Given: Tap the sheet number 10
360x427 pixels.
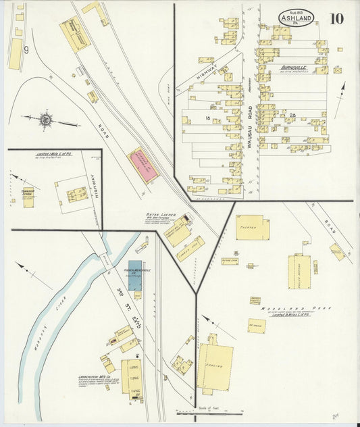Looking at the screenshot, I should (x=336, y=18).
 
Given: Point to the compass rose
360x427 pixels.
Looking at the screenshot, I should (x=45, y=120).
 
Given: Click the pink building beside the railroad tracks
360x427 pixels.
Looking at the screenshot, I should (x=143, y=165).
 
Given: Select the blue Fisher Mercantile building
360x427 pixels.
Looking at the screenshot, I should (x=135, y=275).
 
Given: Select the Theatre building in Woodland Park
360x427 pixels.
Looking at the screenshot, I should (x=253, y=228).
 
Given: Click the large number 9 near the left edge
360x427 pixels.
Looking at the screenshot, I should (x=26, y=49).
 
